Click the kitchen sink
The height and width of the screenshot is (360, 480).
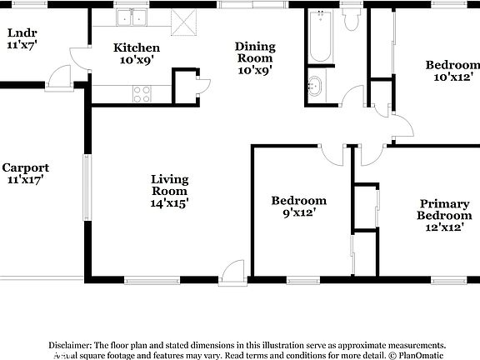pyautogui.click(x=132, y=18)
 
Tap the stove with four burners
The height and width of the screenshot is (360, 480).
pyautogui.click(x=141, y=94)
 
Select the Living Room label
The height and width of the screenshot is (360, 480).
pyautogui.click(x=169, y=190)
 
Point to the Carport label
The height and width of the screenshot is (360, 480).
pyautogui.click(x=25, y=172)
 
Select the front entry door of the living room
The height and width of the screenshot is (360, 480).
pyautogui.click(x=231, y=270)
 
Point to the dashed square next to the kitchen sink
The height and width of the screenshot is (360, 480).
pyautogui.click(x=181, y=19)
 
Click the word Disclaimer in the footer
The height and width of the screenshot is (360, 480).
pyautogui.click(x=71, y=345)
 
